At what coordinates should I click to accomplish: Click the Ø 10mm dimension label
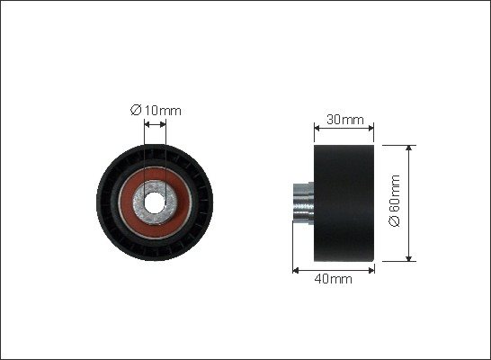[x=156, y=111]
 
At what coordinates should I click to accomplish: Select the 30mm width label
[x=345, y=120]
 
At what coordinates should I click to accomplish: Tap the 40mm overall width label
[x=333, y=278]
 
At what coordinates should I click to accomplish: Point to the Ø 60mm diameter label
[x=395, y=201]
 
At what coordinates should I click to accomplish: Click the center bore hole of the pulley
[x=155, y=202]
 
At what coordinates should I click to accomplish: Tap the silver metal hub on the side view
[x=303, y=202]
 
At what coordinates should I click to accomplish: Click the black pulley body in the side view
[x=344, y=203]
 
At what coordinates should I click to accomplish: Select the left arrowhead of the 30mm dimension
[x=317, y=128]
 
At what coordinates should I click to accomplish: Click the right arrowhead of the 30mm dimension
[x=371, y=128]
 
